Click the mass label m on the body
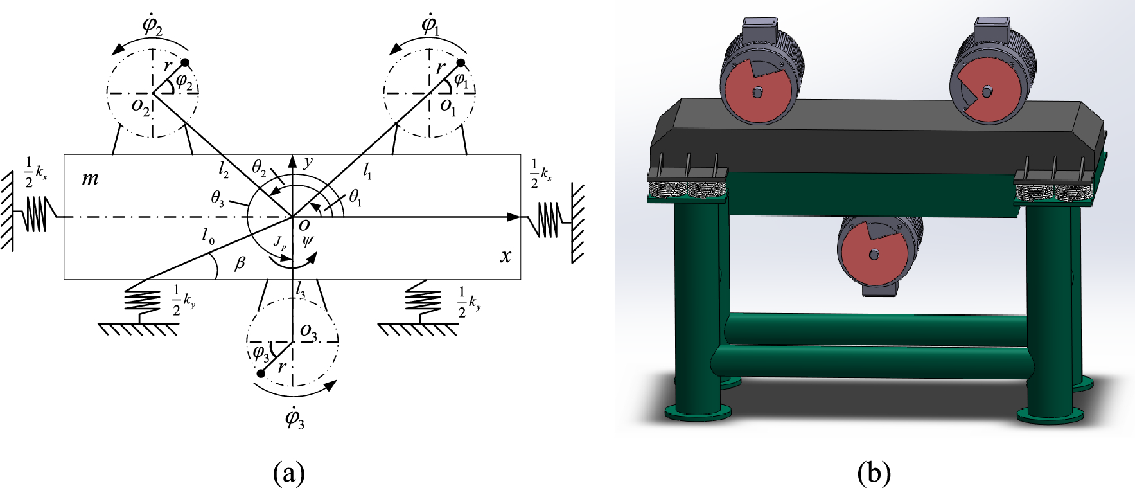90,178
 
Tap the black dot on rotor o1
461,62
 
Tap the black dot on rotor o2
185,62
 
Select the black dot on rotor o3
261,374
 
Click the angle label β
240,263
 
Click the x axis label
506,257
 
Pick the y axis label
308,162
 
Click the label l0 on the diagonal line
207,237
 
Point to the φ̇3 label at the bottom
294,419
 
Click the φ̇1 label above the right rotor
430,26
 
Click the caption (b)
874,474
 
